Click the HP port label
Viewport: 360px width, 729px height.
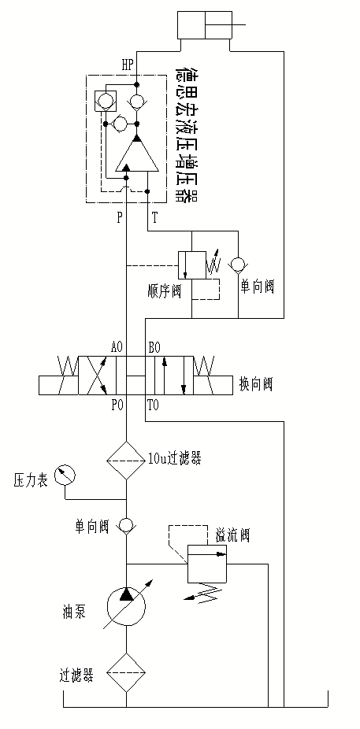[128, 65]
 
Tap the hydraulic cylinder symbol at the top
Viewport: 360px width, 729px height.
[204, 25]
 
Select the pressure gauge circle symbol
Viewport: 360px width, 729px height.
[65, 476]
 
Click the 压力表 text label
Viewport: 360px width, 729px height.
[30, 481]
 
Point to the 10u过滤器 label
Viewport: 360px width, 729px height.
[174, 459]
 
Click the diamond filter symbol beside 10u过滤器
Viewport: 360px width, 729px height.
[126, 461]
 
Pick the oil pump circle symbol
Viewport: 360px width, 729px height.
[126, 607]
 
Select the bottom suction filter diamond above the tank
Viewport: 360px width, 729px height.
[126, 672]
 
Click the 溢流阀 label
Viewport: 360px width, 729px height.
[232, 535]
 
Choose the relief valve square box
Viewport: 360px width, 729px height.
[207, 564]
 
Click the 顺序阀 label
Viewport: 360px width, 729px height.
[163, 292]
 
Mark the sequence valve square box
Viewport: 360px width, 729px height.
[191, 265]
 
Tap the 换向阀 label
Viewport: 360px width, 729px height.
[256, 384]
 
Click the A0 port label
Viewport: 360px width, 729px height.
[117, 347]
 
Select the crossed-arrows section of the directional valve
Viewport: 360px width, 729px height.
[97, 376]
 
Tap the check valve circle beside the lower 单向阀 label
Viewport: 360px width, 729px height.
[126, 525]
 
